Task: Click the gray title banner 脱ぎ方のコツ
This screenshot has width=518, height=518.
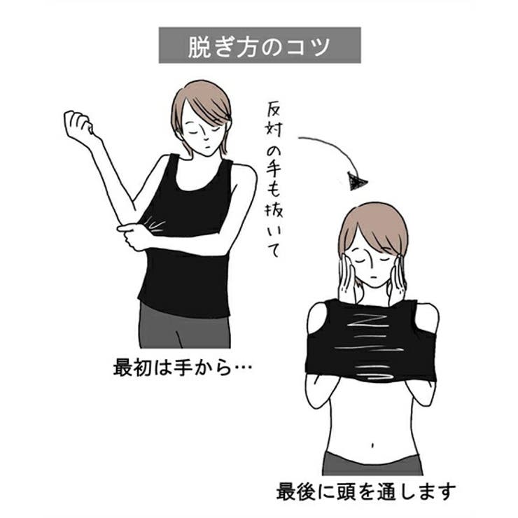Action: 260,45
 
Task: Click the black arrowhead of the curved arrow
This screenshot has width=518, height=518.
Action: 358,183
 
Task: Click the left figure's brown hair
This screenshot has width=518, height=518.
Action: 203,101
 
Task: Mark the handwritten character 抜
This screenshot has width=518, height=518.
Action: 274,209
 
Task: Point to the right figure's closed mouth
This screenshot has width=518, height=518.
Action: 374,276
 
